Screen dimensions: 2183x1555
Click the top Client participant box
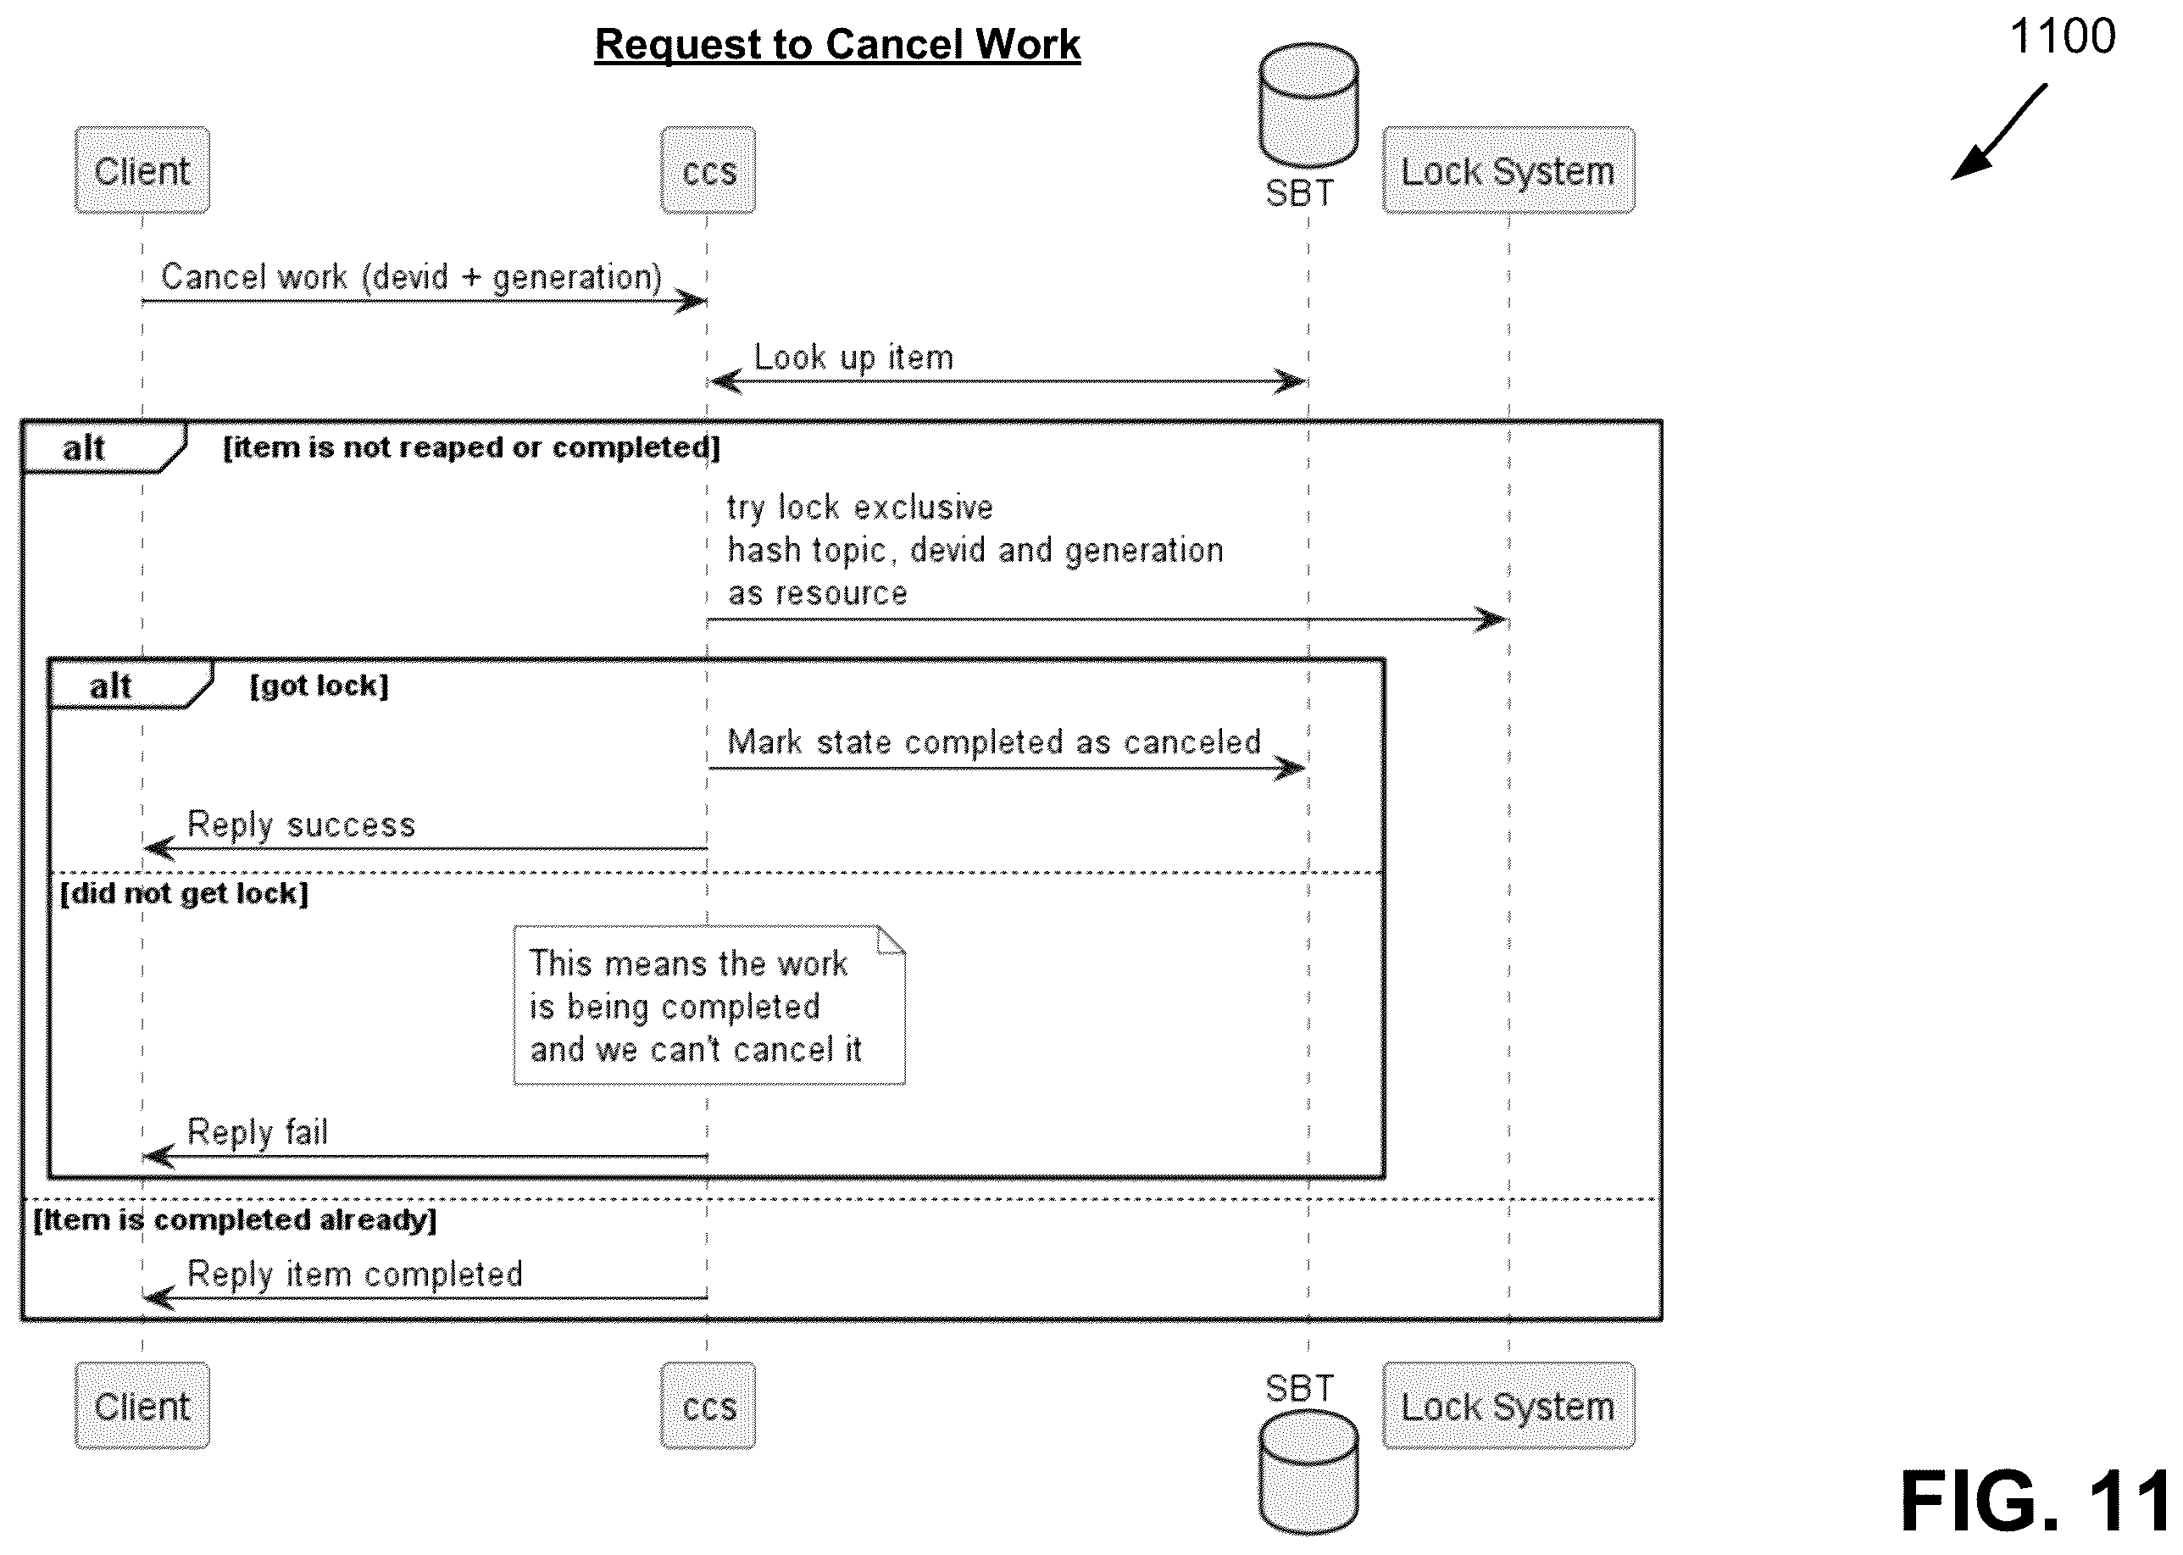[142, 170]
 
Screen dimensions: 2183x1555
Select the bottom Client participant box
[142, 1406]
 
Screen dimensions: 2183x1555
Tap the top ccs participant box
[708, 170]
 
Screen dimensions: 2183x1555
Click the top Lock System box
[1508, 170]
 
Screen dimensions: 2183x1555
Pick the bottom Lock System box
[1508, 1406]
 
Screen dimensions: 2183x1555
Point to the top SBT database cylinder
[1308, 105]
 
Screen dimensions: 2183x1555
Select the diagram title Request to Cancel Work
[838, 45]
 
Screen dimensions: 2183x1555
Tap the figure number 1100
[2062, 36]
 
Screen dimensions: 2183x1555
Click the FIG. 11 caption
[2036, 1501]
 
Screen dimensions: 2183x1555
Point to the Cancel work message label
[412, 277]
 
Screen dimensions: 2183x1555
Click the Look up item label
[853, 357]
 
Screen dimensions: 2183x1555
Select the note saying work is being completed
[709, 1005]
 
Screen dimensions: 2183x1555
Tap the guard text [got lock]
[319, 686]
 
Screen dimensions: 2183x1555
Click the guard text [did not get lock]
[184, 893]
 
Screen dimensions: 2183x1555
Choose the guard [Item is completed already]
[235, 1220]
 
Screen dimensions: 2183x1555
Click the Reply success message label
[301, 825]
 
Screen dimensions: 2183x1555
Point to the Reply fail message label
[257, 1132]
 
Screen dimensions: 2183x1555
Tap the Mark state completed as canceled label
[994, 742]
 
